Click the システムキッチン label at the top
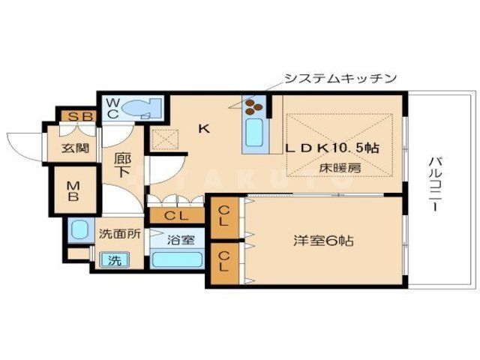340,78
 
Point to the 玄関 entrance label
75,148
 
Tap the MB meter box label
74,192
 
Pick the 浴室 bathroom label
181,241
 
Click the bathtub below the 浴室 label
176,260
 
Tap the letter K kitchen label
203,129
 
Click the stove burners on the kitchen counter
254,106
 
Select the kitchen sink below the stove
253,136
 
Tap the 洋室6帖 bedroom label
322,241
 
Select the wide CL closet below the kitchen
178,216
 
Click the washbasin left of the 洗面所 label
78,229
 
